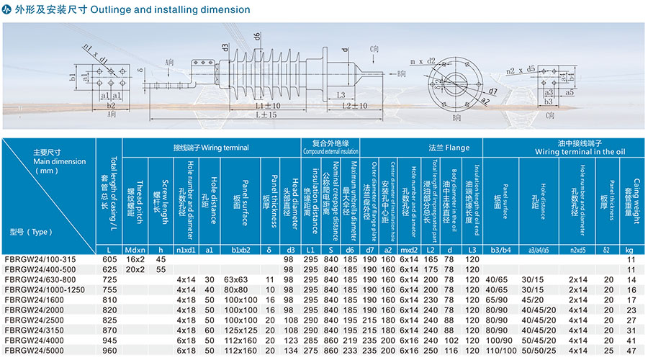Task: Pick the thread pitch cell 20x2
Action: [135, 269]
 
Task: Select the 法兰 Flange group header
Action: [454, 148]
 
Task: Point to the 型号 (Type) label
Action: [31, 232]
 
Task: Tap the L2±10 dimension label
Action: [354, 106]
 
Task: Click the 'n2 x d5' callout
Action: [520, 71]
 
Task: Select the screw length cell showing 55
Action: [161, 269]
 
